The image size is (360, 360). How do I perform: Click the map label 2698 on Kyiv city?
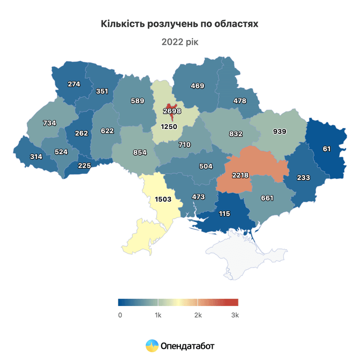tap(172, 111)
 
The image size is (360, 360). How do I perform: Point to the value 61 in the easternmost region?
tap(326, 149)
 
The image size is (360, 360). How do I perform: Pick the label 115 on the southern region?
tap(224, 214)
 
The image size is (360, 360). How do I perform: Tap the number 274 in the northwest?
tap(74, 84)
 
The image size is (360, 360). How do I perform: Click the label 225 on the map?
tap(85, 165)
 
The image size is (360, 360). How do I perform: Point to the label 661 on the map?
tap(267, 198)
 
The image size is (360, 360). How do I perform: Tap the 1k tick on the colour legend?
tap(158, 315)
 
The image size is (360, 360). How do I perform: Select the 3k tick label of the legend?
tap(235, 315)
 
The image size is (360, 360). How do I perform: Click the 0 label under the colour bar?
tap(120, 315)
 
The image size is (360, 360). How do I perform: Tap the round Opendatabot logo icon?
tap(152, 346)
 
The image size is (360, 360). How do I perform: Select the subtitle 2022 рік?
tap(180, 42)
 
